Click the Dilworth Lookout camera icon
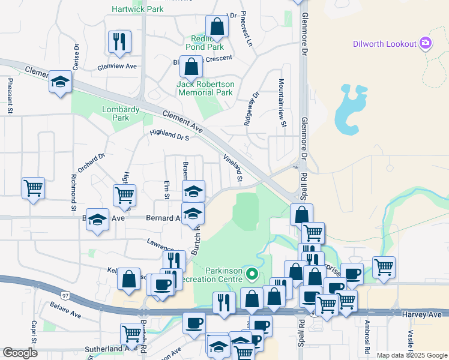click(426, 43)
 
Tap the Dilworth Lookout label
click(385, 44)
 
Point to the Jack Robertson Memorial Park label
click(205, 88)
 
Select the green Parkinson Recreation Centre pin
click(253, 275)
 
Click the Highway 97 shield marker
click(65, 295)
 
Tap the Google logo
click(20, 353)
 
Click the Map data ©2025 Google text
click(412, 355)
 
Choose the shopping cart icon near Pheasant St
click(34, 188)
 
